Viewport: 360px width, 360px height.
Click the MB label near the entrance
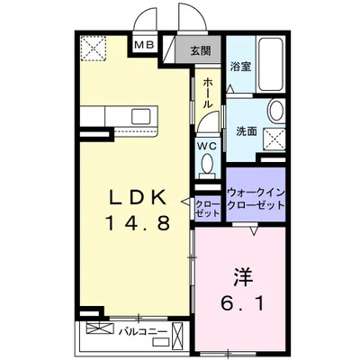click(x=143, y=45)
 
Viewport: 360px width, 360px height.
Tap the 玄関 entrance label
click(x=200, y=51)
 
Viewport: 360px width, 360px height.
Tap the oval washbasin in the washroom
click(x=276, y=112)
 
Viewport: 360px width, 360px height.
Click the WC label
click(x=206, y=146)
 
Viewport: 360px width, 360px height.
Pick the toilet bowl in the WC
click(x=207, y=165)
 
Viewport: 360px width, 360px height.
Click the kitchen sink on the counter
click(x=142, y=116)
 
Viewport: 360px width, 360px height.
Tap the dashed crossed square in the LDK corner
click(x=92, y=47)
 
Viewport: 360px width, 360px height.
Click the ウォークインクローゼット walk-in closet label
click(x=256, y=197)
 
